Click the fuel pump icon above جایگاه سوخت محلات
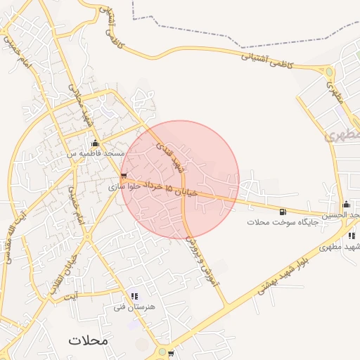(283, 211)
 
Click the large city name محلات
(89, 340)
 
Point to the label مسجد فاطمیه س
(96, 153)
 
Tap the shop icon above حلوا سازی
(124, 176)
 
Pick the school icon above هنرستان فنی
(134, 297)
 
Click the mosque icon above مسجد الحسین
(345, 205)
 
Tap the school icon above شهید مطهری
(351, 236)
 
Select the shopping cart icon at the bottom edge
(171, 354)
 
